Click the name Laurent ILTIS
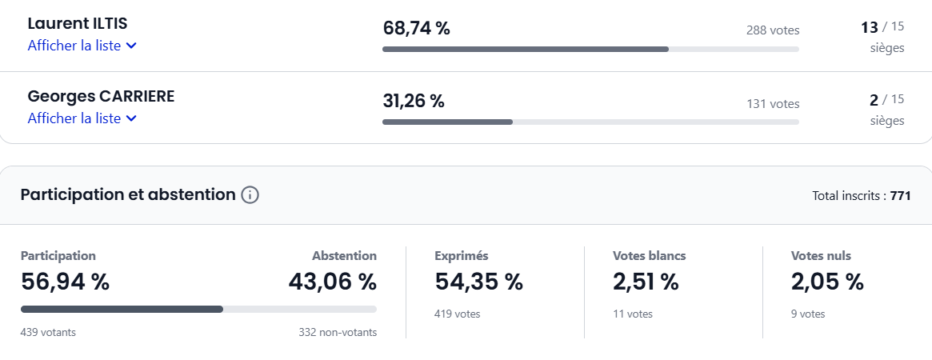pyautogui.click(x=77, y=24)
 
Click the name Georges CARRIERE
pyautogui.click(x=101, y=96)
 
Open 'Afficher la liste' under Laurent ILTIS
pyautogui.click(x=82, y=46)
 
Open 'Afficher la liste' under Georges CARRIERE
pyautogui.click(x=82, y=118)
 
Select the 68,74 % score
pyautogui.click(x=416, y=29)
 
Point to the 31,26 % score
pyautogui.click(x=413, y=101)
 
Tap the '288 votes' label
pyautogui.click(x=773, y=30)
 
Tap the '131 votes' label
pyautogui.click(x=773, y=103)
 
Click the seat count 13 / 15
pyautogui.click(x=882, y=28)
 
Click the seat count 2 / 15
pyautogui.click(x=886, y=100)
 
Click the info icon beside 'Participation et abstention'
pyautogui.click(x=250, y=195)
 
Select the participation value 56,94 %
pyautogui.click(x=65, y=282)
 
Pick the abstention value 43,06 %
pyautogui.click(x=332, y=282)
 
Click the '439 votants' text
pyautogui.click(x=48, y=332)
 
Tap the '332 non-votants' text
pyautogui.click(x=338, y=332)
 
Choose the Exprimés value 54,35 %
pyautogui.click(x=478, y=282)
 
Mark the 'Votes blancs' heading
pyautogui.click(x=649, y=256)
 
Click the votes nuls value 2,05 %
pyautogui.click(x=827, y=282)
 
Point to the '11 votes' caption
pyautogui.click(x=633, y=314)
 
